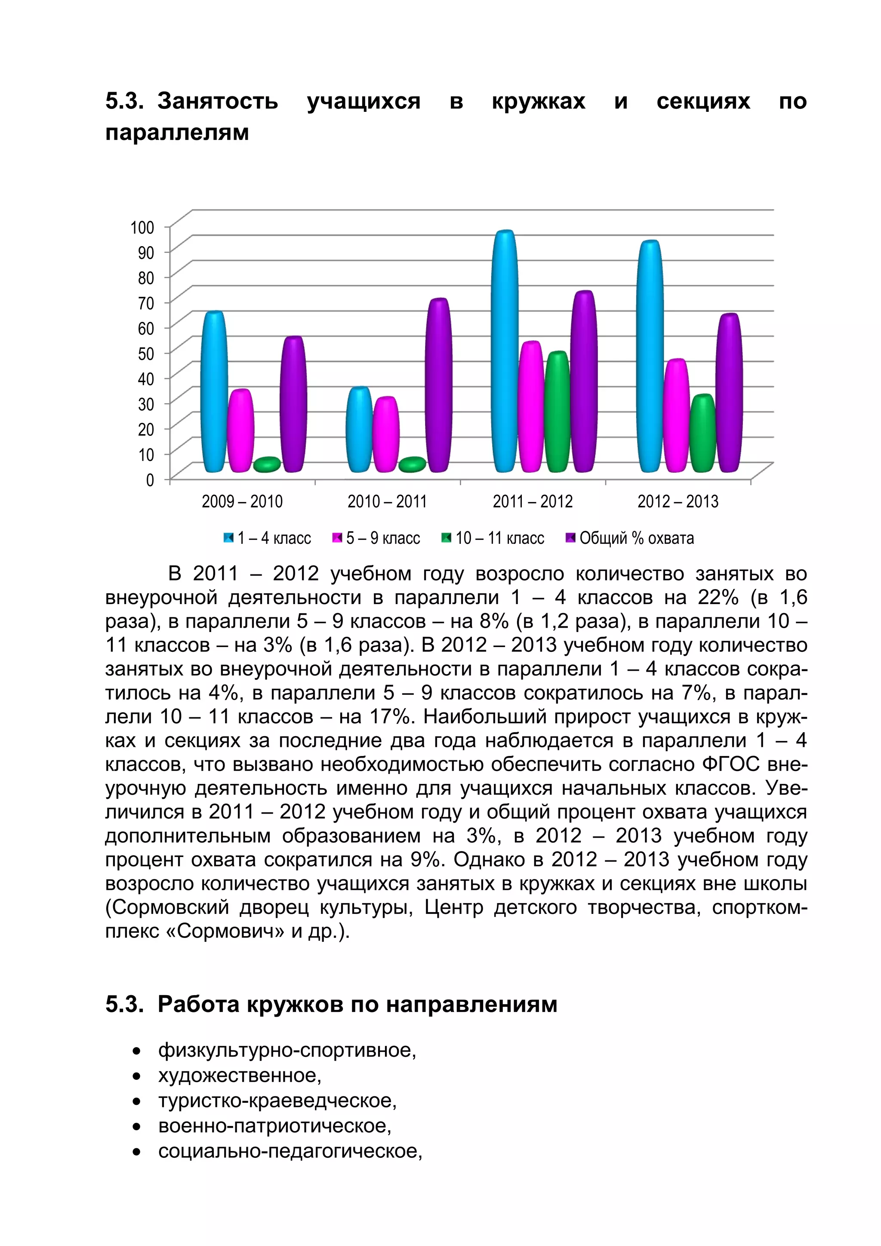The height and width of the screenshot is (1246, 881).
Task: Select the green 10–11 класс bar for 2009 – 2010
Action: point(266,465)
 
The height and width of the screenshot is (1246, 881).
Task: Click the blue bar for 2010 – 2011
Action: point(359,429)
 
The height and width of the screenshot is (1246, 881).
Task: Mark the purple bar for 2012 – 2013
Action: point(729,393)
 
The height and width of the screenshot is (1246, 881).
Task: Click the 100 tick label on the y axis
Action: point(142,227)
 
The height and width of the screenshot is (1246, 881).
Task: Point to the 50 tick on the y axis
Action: point(146,353)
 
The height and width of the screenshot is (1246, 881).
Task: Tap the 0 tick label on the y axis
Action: point(150,480)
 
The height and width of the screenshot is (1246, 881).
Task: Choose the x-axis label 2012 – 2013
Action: point(678,501)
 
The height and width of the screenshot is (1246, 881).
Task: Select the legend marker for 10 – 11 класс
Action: point(446,538)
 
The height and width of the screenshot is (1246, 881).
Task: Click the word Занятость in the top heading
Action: point(218,102)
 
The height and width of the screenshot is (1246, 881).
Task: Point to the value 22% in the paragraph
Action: point(718,598)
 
